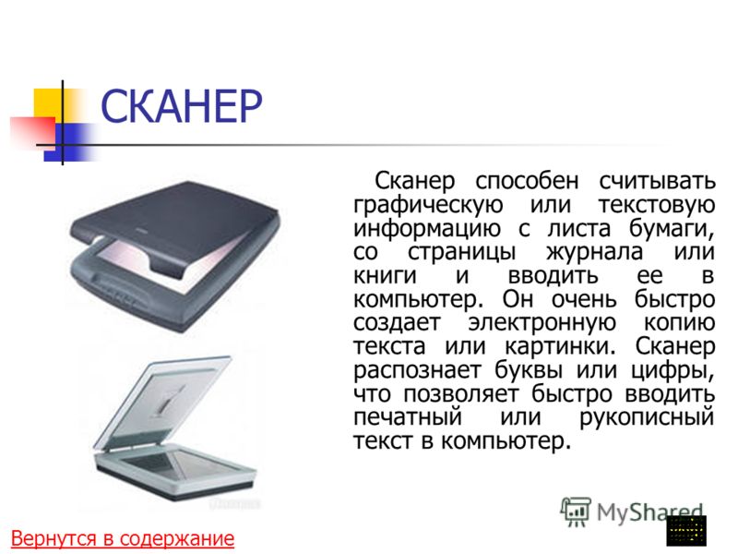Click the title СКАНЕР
(x=182, y=106)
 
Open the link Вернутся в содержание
(x=123, y=538)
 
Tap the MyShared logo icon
(x=575, y=512)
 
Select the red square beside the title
(x=33, y=134)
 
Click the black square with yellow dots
(x=686, y=530)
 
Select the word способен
(x=527, y=181)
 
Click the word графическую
(x=428, y=205)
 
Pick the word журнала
(x=594, y=252)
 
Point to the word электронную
(x=542, y=322)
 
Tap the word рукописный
(x=647, y=417)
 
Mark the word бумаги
(x=672, y=229)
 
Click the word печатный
(x=408, y=417)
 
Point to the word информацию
(x=427, y=229)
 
